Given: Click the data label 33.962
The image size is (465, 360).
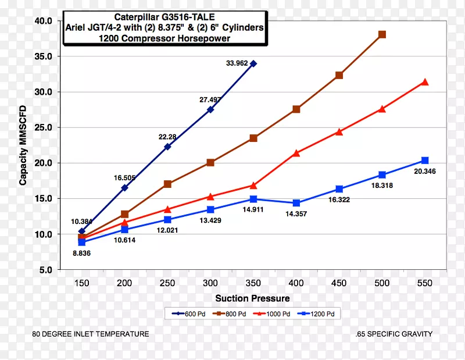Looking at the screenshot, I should [238, 63].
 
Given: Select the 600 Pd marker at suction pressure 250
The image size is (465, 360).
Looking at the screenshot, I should [167, 147].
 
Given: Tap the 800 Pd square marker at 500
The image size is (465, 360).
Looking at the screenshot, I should [382, 35].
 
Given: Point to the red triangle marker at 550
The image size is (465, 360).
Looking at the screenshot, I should [425, 82].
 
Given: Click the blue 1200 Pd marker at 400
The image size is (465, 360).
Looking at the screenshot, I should [296, 203].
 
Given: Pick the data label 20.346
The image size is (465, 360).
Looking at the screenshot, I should [425, 171].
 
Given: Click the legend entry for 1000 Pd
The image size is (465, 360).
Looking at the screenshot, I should [274, 313].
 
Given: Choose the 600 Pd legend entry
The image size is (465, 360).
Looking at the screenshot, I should [188, 313].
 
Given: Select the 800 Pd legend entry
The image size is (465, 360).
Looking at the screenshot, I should [231, 313].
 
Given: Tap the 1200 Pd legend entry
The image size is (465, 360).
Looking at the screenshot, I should [318, 313].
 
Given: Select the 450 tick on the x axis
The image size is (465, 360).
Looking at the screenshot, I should [339, 283].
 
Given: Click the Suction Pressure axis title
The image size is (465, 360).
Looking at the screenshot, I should [252, 298].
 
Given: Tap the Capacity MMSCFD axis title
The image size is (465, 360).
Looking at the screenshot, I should [23, 145].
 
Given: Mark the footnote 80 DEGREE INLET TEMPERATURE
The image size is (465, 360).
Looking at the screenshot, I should [91, 334].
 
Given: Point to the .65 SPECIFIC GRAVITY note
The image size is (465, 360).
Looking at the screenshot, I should [394, 334].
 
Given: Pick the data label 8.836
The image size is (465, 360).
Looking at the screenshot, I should [81, 253].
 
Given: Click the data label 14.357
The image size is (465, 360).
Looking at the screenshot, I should [296, 214].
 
